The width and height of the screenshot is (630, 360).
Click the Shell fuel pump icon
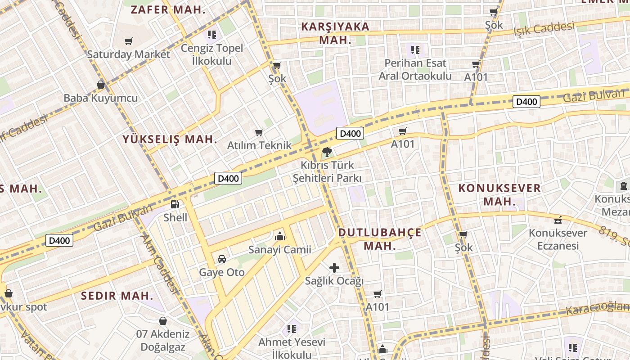175,204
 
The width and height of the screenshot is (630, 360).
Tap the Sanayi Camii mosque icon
279,236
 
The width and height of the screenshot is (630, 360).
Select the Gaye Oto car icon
222,259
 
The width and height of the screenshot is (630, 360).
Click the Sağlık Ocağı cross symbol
334,268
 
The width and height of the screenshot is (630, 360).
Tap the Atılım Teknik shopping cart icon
259,132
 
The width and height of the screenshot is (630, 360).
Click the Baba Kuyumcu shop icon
101,85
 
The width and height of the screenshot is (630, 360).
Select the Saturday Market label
129,54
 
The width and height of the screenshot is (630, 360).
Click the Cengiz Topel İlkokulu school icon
212,34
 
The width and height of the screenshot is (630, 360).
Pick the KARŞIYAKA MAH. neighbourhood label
335,33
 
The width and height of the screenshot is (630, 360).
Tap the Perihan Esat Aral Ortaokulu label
415,69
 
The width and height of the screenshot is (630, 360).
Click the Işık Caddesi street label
544,29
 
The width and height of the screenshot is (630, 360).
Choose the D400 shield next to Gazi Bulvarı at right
526,102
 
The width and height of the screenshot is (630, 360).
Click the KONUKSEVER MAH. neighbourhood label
499,194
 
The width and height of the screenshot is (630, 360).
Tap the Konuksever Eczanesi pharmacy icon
558,220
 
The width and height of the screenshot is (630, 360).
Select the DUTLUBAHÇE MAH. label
380,239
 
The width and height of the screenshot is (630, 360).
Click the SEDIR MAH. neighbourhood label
117,296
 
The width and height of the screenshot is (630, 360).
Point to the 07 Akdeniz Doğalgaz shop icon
163,321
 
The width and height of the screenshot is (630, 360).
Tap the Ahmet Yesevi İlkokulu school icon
292,329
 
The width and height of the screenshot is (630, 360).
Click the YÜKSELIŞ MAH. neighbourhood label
170,139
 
